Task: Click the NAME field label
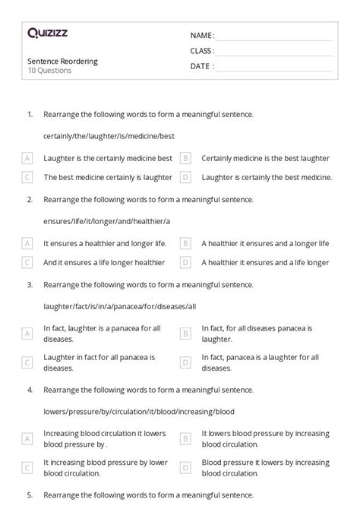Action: pos(202,35)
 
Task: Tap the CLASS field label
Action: pos(202,51)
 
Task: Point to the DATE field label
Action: pos(201,66)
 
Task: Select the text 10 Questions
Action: pos(49,71)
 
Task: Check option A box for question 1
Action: pos(27,158)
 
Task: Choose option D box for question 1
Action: pos(185,177)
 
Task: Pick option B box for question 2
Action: pos(185,244)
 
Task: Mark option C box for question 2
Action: pos(27,262)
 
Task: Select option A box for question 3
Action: pos(27,333)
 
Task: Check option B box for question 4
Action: pos(185,438)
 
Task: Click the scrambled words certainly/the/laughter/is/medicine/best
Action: pos(109,135)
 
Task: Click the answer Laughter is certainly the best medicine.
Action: pos(267,177)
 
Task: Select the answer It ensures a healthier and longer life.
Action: pos(102,244)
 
